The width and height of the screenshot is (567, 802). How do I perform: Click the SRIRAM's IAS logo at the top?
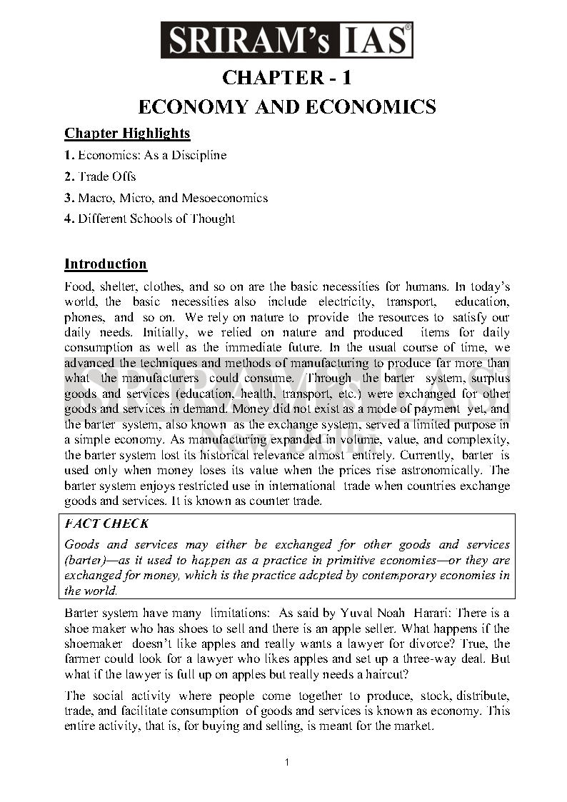286,39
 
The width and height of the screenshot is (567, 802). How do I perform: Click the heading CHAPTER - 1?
286,77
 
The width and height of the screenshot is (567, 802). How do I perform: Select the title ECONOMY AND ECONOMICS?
286,107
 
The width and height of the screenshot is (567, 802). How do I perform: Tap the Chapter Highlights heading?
127,134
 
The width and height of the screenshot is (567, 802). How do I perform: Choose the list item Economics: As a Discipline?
151,155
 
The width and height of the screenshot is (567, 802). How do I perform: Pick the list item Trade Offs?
106,176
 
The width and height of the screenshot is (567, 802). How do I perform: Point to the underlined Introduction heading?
106,264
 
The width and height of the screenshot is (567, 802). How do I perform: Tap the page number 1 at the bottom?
286,762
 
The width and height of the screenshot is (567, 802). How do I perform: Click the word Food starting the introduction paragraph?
79,286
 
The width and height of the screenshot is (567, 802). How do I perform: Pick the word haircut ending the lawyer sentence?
386,675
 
